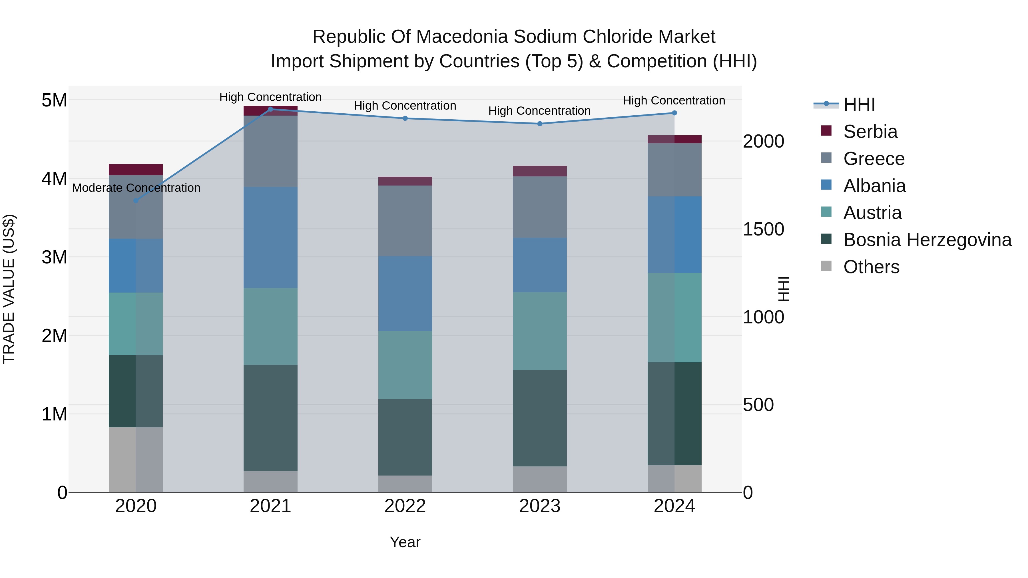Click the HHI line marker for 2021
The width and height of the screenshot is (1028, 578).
271,109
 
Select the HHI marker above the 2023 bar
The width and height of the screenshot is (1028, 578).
539,124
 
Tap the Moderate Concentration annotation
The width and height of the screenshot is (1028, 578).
136,188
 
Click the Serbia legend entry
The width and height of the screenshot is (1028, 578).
870,132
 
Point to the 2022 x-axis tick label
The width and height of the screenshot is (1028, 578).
405,506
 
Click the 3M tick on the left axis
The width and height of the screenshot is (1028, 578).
54,257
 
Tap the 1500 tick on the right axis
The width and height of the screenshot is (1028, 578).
763,229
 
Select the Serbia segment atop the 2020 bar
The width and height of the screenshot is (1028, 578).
136,170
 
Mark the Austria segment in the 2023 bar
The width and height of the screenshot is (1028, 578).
539,331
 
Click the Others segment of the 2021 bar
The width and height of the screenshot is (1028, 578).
271,482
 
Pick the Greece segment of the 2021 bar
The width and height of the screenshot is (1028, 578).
271,151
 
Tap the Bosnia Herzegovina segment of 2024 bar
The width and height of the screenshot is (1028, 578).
674,413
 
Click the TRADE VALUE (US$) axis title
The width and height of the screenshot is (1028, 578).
9,289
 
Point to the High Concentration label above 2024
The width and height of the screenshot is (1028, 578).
674,100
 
